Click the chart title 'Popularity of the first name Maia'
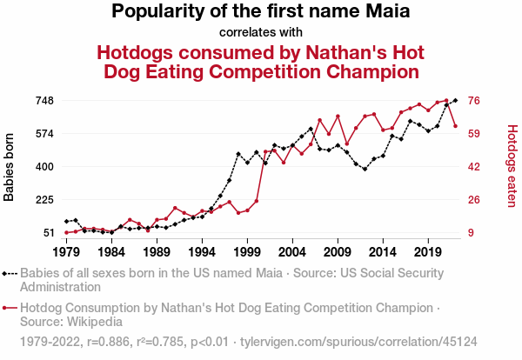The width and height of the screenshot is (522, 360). point(261,12)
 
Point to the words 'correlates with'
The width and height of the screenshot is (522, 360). point(261,33)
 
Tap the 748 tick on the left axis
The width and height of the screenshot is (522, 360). point(43,101)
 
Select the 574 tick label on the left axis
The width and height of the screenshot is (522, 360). point(43,134)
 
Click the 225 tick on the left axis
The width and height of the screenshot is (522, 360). point(43,200)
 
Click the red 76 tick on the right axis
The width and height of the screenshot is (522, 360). point(475,101)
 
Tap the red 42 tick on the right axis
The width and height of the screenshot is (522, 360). point(475,167)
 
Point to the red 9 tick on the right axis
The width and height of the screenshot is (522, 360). point(472,232)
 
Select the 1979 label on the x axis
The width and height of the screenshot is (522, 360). point(66,251)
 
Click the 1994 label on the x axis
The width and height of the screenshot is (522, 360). point(202,251)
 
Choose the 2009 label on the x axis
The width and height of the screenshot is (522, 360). point(337,251)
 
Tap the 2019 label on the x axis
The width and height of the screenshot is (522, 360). point(427,251)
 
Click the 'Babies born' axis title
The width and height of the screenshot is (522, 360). point(10,167)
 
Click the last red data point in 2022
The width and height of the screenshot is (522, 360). point(455,126)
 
